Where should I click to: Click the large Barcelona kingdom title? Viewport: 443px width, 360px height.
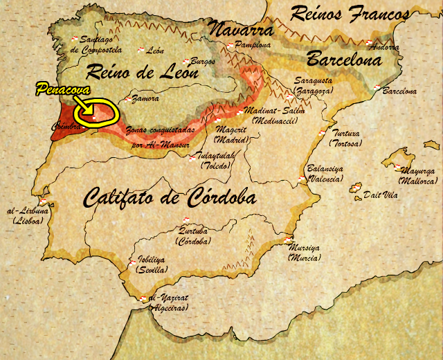pos(344,59)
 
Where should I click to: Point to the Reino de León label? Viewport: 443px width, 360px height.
pos(141,72)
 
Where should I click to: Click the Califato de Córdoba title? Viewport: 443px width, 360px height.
pos(170,198)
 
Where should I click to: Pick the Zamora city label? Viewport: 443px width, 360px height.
pos(145,99)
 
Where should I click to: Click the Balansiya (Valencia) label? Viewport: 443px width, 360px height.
pos(325,174)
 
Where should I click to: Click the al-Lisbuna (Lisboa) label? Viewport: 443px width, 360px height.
pos(28,215)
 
